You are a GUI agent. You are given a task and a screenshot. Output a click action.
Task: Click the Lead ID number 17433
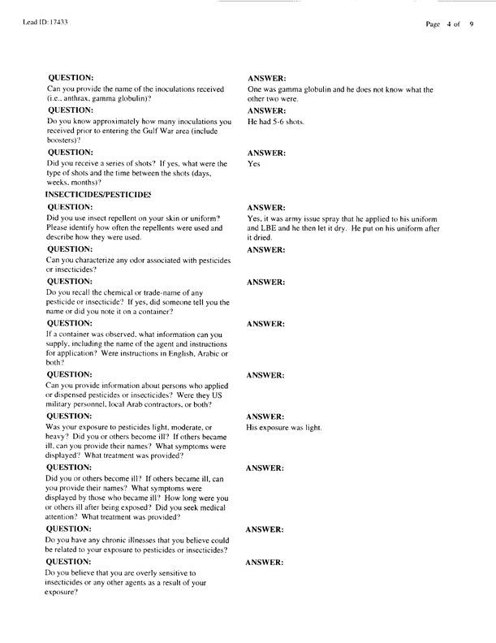click(x=54, y=24)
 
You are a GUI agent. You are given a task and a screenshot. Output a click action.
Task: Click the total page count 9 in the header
click(x=471, y=24)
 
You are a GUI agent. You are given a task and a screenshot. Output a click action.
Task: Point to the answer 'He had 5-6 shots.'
click(x=276, y=121)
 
